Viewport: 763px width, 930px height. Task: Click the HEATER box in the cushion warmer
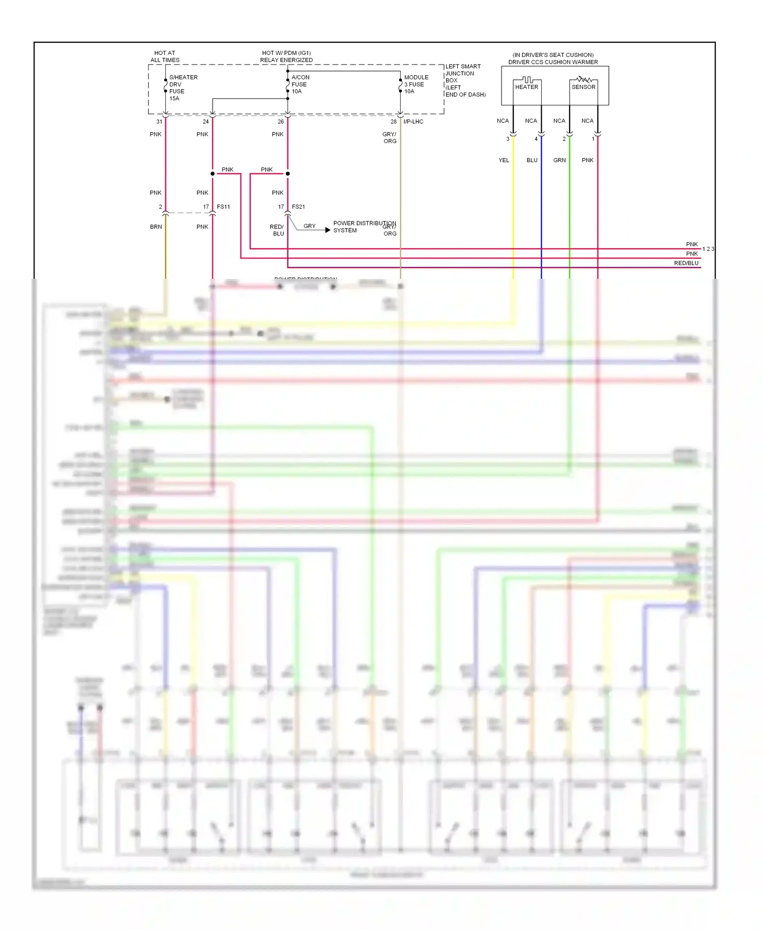tap(526, 87)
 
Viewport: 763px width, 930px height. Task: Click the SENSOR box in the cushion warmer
tap(583, 87)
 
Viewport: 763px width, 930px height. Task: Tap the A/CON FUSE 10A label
tap(300, 84)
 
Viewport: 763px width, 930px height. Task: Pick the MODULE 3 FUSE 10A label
tap(416, 84)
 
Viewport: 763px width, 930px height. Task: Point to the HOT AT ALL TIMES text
tap(165, 56)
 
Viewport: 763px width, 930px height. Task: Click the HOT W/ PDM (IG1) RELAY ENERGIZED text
tap(286, 56)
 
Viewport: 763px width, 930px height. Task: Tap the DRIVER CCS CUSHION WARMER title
tap(553, 62)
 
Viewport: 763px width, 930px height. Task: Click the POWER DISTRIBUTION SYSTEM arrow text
tap(364, 227)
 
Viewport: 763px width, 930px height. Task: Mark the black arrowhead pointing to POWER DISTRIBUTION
tap(328, 230)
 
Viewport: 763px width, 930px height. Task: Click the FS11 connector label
tap(223, 207)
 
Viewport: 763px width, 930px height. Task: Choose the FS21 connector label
tap(299, 207)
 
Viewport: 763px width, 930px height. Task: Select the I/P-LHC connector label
tap(413, 122)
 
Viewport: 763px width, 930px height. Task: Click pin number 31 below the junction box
tap(159, 122)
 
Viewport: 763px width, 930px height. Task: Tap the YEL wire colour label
tap(504, 160)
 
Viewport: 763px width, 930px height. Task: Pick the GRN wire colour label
tap(560, 160)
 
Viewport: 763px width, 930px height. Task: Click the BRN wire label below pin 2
tap(156, 227)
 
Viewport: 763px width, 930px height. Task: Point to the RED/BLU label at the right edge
tap(686, 263)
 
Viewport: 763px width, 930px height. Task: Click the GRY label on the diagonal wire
tap(309, 226)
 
